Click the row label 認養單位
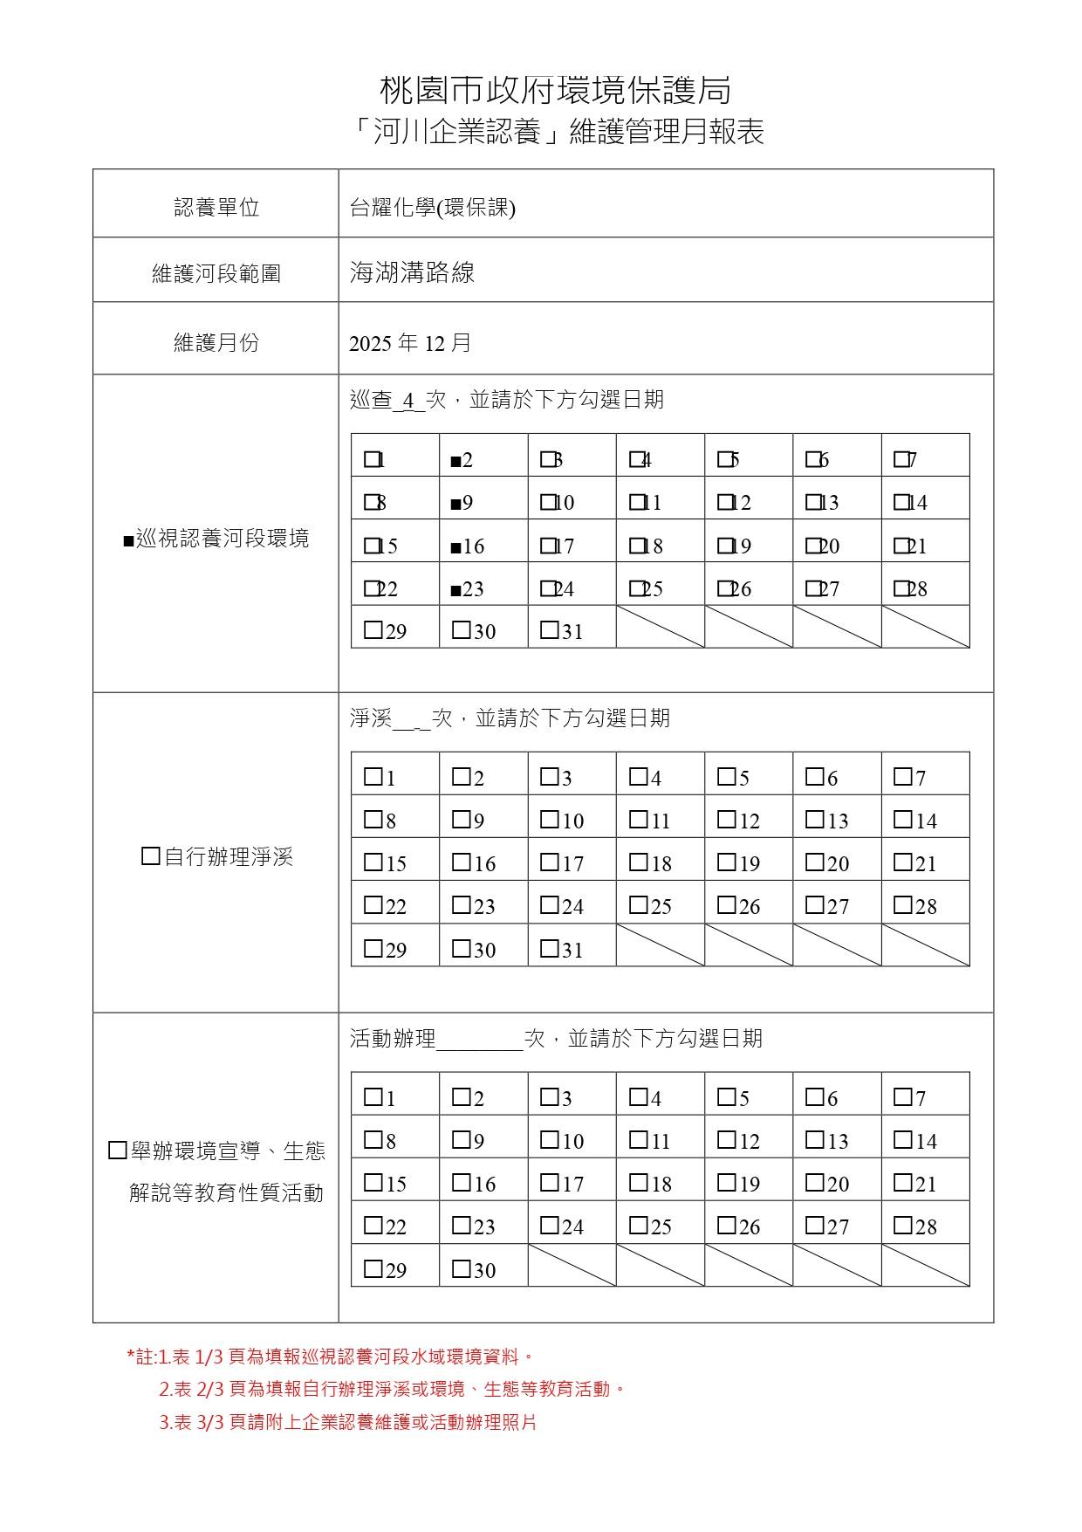[216, 208]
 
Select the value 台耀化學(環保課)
[432, 208]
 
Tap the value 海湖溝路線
[412, 272]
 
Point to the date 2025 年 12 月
[409, 343]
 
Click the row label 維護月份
[216, 343]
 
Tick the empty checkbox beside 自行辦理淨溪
[150, 856]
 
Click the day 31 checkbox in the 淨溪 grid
[550, 948]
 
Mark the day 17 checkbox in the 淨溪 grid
[550, 862]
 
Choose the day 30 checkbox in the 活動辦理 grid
[462, 1268]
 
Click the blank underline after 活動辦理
[479, 1040]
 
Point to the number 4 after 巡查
[408, 402]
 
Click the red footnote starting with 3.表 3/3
[347, 1422]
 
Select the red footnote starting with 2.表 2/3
[392, 1389]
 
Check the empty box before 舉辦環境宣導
[118, 1151]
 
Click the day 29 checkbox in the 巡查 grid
[373, 629]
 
